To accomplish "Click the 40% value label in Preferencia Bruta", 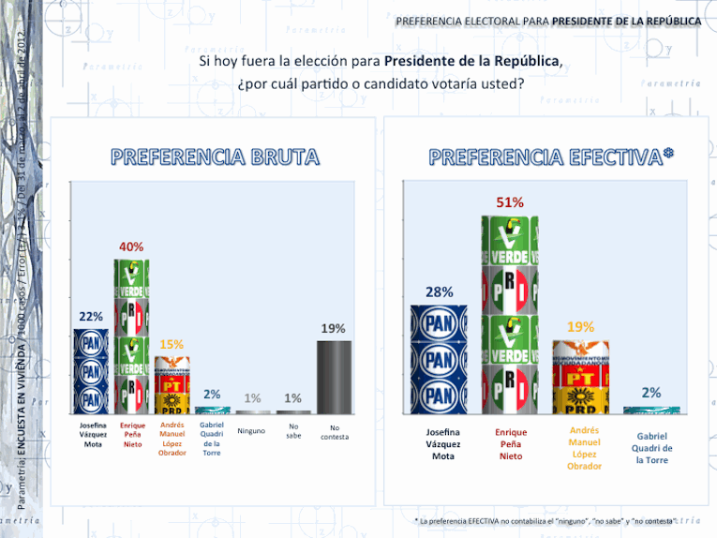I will click(x=131, y=247).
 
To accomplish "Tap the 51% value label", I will click(x=510, y=202).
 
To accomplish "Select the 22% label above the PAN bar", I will click(x=91, y=316).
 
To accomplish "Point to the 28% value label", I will click(x=439, y=292).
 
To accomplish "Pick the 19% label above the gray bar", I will click(x=334, y=329).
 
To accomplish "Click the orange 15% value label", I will click(x=172, y=344).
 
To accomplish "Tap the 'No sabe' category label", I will click(x=293, y=431).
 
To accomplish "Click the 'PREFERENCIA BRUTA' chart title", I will click(x=216, y=157).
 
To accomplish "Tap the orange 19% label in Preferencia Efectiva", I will click(x=580, y=326).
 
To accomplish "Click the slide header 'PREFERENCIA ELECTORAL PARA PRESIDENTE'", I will click(x=547, y=21).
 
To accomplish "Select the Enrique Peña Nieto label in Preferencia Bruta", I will click(x=132, y=435).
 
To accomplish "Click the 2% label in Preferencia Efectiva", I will click(x=651, y=393).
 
